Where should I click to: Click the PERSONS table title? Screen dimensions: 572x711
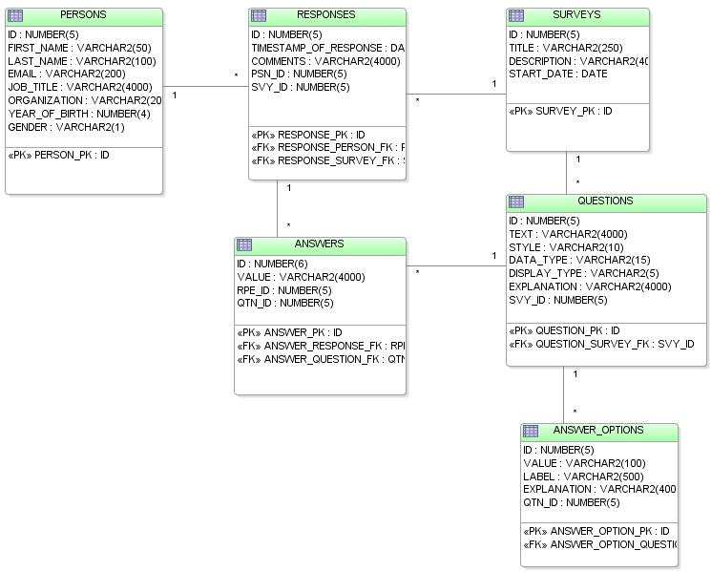pos(83,15)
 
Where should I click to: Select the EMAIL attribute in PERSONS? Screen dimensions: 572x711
pos(66,74)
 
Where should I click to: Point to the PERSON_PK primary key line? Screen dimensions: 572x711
pos(58,155)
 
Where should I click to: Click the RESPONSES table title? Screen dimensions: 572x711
pos(325,15)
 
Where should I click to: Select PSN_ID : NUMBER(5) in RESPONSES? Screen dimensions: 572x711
pos(299,74)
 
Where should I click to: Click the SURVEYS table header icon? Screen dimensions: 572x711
pos(516,16)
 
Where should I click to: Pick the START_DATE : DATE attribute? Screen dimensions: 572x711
pos(557,74)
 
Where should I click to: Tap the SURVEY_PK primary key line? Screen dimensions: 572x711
pos(560,112)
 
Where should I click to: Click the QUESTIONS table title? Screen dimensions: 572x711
pos(605,201)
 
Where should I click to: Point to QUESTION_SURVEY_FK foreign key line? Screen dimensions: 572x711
pos(601,345)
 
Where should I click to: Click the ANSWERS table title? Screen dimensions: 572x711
pos(319,244)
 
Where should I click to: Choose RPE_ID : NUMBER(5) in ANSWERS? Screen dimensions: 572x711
pos(284,290)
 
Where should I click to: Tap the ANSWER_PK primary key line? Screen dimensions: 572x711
pos(289,333)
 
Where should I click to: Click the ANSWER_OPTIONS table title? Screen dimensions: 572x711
pos(598,431)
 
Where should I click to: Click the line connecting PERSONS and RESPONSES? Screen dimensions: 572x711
pos(205,87)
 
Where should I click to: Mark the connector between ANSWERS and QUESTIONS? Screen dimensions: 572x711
pos(456,265)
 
